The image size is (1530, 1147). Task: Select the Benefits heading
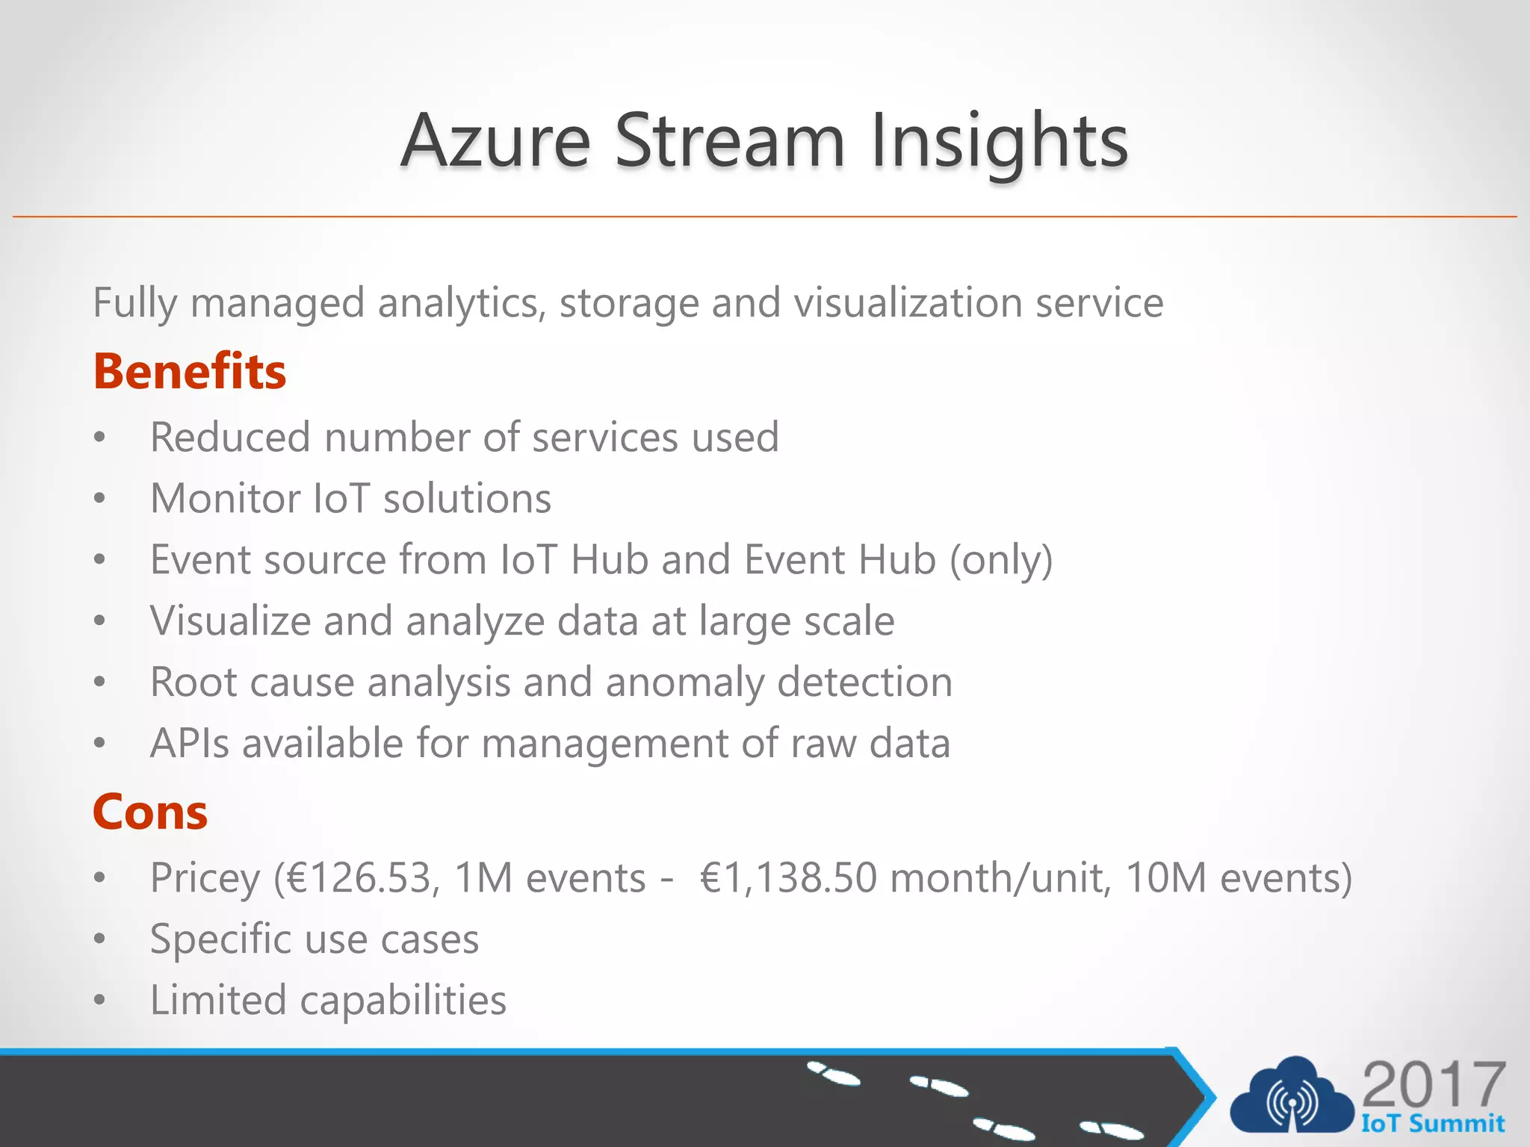pyautogui.click(x=190, y=371)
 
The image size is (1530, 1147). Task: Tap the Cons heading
pyautogui.click(x=150, y=812)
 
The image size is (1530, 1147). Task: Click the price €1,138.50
pyautogui.click(x=788, y=877)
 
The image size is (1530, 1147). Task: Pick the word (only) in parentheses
pyautogui.click(x=1001, y=560)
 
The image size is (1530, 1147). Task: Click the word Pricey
pyautogui.click(x=205, y=879)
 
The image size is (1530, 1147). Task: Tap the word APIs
pyautogui.click(x=190, y=744)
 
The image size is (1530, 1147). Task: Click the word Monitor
pyautogui.click(x=225, y=498)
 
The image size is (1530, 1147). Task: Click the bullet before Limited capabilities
pyautogui.click(x=100, y=1001)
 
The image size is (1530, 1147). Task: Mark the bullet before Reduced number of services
pyautogui.click(x=100, y=438)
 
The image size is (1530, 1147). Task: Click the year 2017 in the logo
pyautogui.click(x=1433, y=1084)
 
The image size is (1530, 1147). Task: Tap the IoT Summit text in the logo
pyautogui.click(x=1432, y=1123)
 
